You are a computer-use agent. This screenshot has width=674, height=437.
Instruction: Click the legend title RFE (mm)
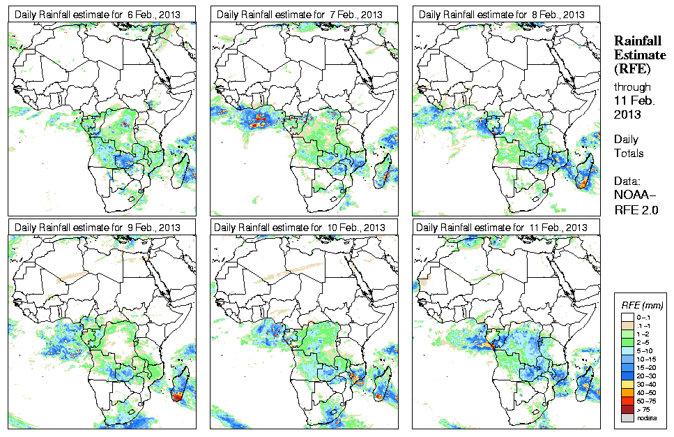[642, 305]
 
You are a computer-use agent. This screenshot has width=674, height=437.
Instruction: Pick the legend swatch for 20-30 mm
[626, 375]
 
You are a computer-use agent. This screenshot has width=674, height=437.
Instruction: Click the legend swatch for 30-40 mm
[626, 383]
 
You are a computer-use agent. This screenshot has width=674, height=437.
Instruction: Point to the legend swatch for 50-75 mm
[626, 400]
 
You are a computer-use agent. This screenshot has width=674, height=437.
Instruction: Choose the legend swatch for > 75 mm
[626, 408]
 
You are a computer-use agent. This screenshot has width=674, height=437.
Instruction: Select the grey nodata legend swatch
[626, 417]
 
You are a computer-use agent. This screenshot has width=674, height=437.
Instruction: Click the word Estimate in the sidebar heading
[634, 55]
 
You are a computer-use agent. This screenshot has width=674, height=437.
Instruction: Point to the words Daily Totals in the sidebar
[629, 147]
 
